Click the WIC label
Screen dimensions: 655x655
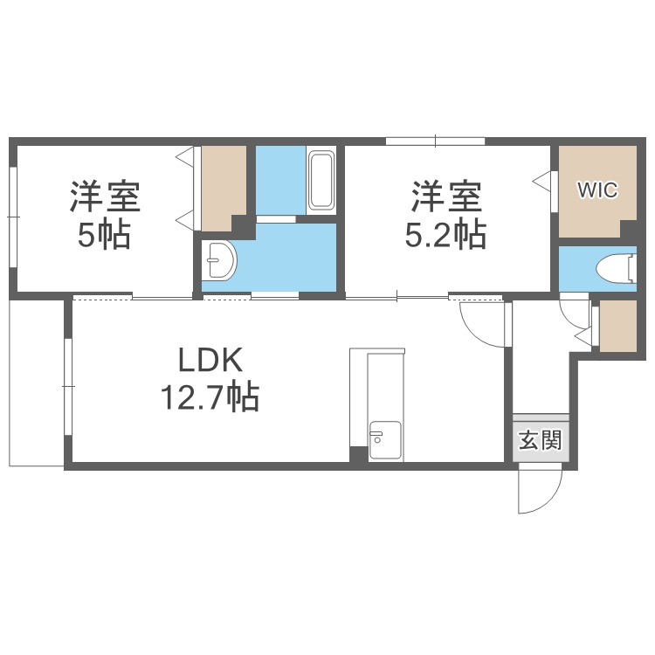pos(597,190)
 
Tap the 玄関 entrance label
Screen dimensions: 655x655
pos(541,440)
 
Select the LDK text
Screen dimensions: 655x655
pos(210,360)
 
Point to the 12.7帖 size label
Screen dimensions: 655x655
pos(210,396)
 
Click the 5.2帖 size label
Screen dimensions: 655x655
pos(445,234)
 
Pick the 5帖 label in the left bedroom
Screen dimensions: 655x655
pos(104,234)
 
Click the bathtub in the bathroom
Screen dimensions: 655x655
pos(321,182)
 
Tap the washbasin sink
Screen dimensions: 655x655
pos(219,260)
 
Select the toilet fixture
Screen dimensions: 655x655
pos(617,269)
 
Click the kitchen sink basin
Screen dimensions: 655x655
pos(385,440)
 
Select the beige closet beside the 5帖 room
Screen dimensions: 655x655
pos(223,188)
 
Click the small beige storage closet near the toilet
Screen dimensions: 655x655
pos(618,326)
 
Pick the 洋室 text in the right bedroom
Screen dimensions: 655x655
pos(446,196)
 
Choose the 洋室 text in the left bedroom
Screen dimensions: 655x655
pos(105,196)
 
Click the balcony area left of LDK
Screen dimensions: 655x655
pos(37,383)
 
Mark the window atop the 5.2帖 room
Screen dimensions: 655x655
pos(435,141)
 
